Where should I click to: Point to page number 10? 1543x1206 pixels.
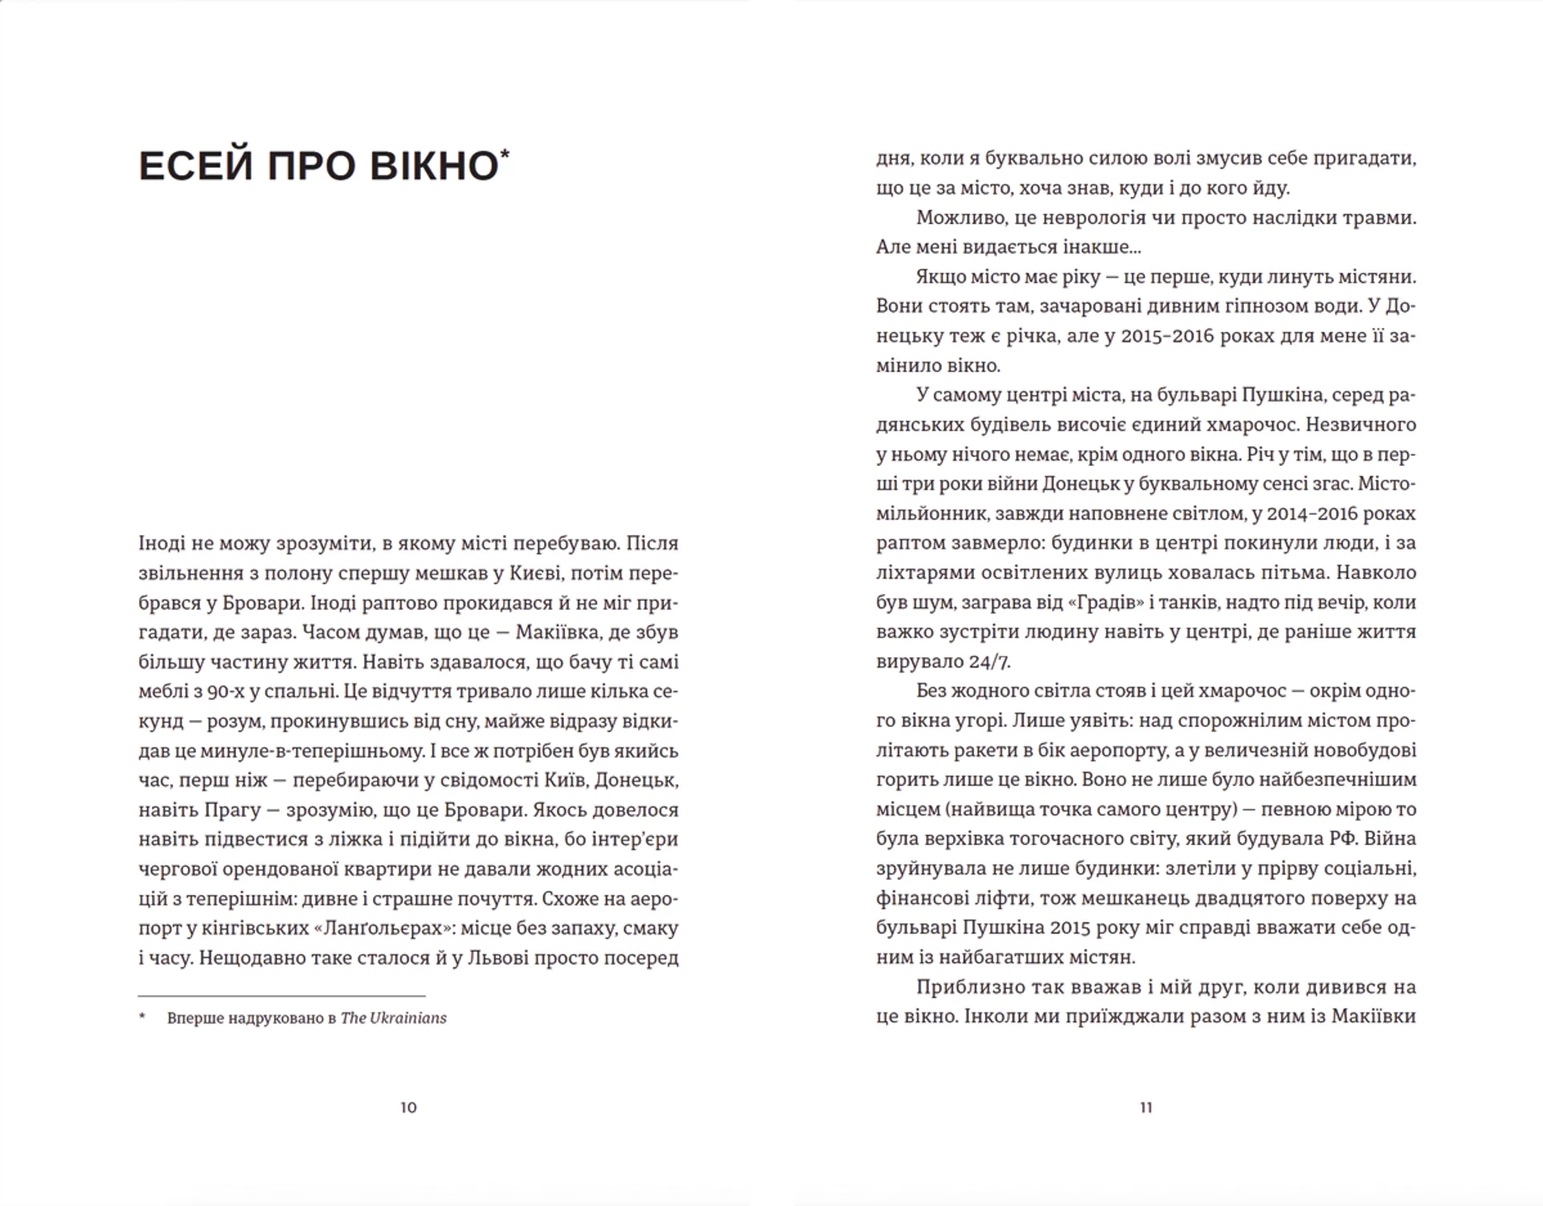(x=408, y=1108)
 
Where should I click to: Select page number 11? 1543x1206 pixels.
(x=1146, y=1108)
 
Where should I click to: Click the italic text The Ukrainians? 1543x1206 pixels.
(x=393, y=1018)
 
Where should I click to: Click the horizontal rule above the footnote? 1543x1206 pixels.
(x=281, y=996)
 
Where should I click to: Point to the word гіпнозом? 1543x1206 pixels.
(x=1241, y=306)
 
